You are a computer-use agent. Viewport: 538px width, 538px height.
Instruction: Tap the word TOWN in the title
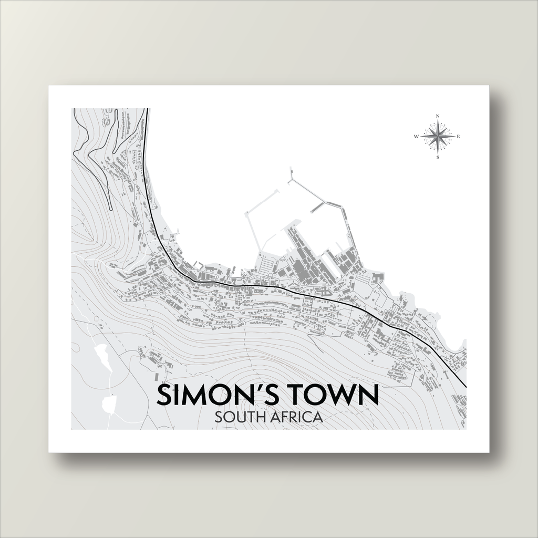[336, 396]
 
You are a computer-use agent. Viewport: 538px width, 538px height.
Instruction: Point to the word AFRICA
[297, 418]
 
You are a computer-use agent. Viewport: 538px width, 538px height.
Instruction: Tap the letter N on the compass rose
[438, 116]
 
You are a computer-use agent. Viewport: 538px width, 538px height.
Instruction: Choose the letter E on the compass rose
[458, 137]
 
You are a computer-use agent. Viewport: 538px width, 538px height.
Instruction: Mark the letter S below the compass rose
[438, 157]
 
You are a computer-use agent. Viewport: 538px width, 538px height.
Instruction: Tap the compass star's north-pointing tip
[438, 121]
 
